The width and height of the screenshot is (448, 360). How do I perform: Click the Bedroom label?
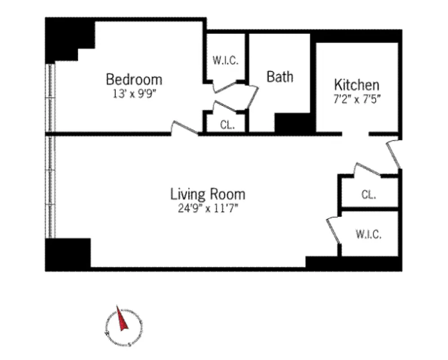[x=134, y=80]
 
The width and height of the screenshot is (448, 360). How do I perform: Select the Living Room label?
[x=208, y=194]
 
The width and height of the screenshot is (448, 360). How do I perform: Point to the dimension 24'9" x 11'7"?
[x=208, y=208]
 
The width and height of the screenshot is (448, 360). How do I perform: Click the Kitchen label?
[x=356, y=85]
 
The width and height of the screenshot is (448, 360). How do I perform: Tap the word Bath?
[x=280, y=76]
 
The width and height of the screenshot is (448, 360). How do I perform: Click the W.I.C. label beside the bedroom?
[x=225, y=60]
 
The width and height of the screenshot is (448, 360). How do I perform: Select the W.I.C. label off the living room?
[x=368, y=234]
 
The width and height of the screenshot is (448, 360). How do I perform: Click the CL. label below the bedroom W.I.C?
[x=227, y=125]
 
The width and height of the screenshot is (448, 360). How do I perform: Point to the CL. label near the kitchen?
[x=368, y=195]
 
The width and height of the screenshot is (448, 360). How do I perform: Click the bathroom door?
[x=253, y=97]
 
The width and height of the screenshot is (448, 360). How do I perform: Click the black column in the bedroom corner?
[x=67, y=38]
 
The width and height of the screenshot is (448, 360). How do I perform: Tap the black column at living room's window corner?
[x=67, y=253]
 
